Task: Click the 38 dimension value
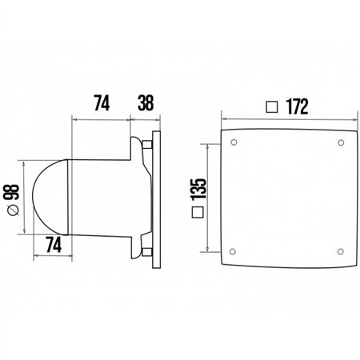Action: pyautogui.click(x=145, y=103)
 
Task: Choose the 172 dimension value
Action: pyautogui.click(x=296, y=106)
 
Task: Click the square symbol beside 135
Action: pyautogui.click(x=198, y=213)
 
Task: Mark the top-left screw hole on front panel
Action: pyautogui.click(x=233, y=144)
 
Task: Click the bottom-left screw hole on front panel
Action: pyautogui.click(x=233, y=246)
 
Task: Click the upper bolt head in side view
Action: pyautogui.click(x=149, y=145)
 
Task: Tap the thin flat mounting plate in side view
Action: pyautogui.click(x=157, y=196)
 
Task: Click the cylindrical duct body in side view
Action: pyautogui.click(x=100, y=196)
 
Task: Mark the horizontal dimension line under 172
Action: pyautogui.click(x=284, y=119)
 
